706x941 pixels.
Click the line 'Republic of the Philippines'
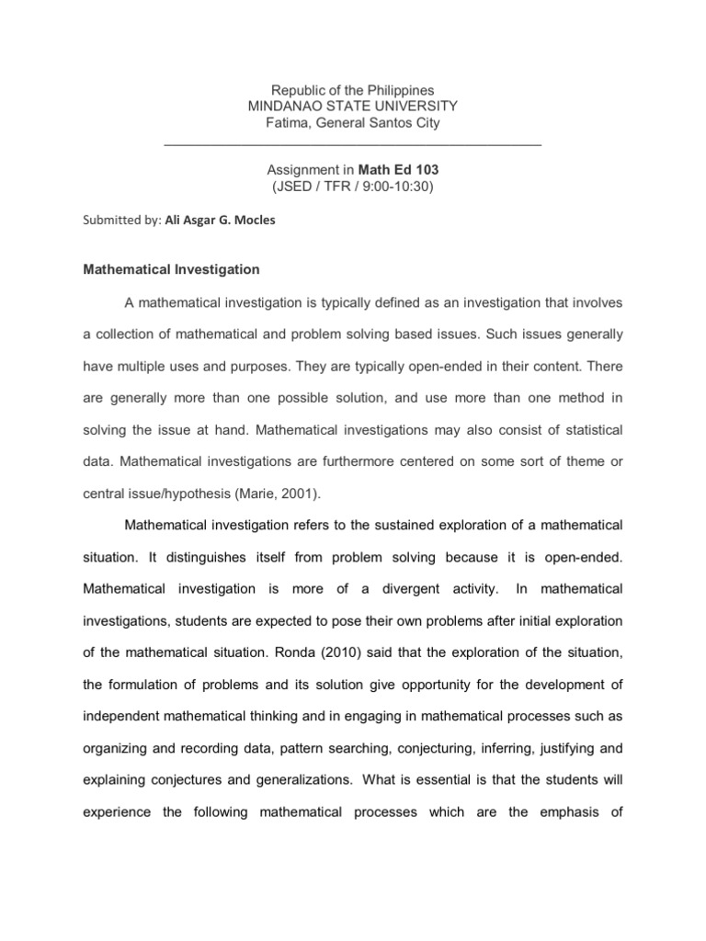click(x=352, y=90)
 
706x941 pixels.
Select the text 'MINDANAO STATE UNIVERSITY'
click(x=352, y=107)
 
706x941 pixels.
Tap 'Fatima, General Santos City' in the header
click(x=352, y=123)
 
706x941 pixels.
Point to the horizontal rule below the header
click(x=352, y=145)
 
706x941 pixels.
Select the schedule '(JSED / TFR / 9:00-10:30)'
click(x=352, y=187)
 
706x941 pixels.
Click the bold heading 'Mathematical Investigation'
click(x=172, y=270)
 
